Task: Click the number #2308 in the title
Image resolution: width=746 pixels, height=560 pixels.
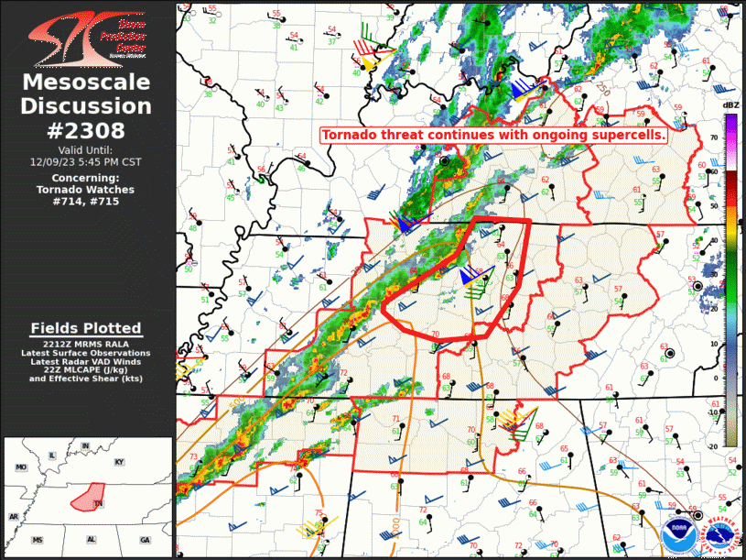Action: click(x=87, y=130)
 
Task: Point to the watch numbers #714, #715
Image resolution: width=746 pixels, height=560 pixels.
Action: click(x=87, y=201)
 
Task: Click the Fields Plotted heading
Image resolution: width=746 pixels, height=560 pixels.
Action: click(x=86, y=328)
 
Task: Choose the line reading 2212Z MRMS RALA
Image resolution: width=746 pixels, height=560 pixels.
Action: click(x=86, y=345)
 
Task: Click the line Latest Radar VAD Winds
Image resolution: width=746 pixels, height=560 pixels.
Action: click(x=86, y=361)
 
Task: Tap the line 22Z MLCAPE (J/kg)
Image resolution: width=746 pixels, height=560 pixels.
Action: click(x=86, y=369)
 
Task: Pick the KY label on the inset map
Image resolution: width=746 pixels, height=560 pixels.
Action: click(x=119, y=462)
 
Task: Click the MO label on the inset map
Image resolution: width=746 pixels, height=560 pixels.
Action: click(x=20, y=467)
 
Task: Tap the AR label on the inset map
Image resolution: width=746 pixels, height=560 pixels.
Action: click(x=14, y=517)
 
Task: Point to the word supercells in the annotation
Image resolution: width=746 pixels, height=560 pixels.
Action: click(x=632, y=135)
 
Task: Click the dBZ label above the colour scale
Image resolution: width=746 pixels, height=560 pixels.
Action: click(x=730, y=106)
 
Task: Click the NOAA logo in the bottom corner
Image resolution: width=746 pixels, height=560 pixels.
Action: click(x=679, y=533)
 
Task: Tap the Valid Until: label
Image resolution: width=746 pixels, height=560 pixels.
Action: click(x=87, y=149)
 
